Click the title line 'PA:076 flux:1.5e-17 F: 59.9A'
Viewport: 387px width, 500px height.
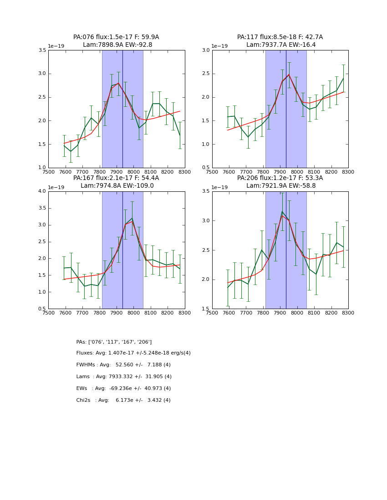pos(116,37)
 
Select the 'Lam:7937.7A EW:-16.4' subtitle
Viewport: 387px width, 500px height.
pos(280,45)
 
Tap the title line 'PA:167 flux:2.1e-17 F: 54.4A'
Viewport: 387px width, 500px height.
pos(116,178)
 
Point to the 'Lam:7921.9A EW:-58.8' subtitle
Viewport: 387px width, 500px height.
pos(280,186)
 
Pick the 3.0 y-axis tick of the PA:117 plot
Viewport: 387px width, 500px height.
pos(206,50)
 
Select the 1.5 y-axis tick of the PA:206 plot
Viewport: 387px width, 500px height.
pos(206,309)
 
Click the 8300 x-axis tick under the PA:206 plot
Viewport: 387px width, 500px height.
pos(348,313)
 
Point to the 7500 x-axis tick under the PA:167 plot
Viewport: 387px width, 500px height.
pos(48,313)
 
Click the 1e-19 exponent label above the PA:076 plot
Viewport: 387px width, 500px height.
pos(57,46)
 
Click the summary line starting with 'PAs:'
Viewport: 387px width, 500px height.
pos(114,342)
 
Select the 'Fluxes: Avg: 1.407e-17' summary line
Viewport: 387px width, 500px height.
pos(133,353)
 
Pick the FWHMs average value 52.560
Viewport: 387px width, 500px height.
pos(125,365)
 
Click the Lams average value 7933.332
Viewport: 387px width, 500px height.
pos(124,377)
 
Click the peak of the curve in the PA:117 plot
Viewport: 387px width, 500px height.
pos(289,74)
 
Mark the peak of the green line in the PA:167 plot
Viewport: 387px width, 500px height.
pos(132,218)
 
